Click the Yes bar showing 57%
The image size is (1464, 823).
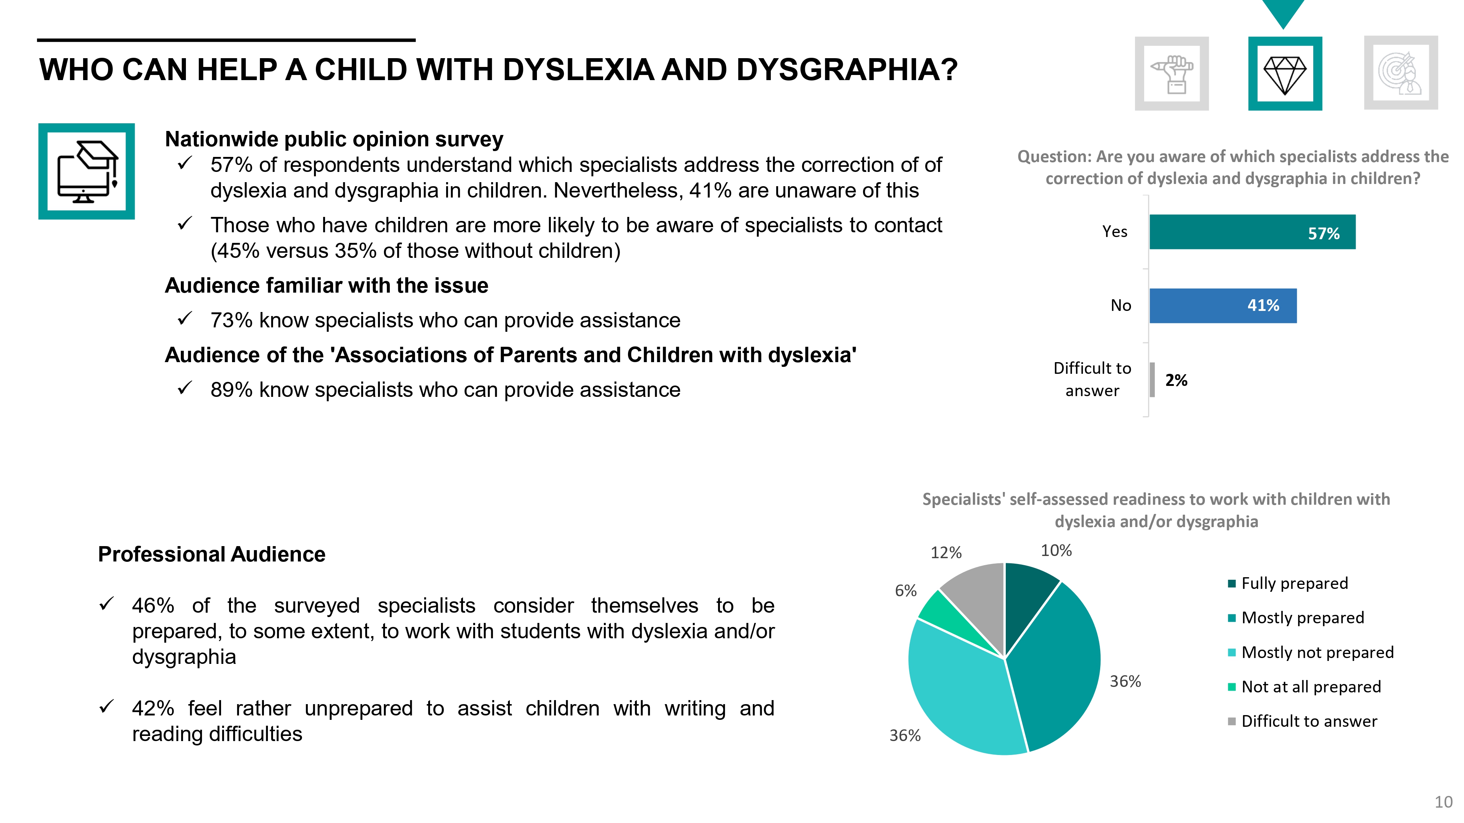pos(1252,232)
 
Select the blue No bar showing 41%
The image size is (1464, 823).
pos(1223,305)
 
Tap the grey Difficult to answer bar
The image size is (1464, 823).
pos(1152,379)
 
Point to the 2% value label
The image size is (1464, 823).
pos(1176,380)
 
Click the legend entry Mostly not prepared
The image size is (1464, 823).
pos(1311,652)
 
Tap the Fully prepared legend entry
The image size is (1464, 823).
pos(1288,583)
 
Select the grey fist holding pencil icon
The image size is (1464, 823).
pos(1172,74)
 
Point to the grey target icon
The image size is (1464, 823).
pos(1401,74)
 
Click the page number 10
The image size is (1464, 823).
pos(1444,802)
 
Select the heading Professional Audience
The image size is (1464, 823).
pos(212,555)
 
